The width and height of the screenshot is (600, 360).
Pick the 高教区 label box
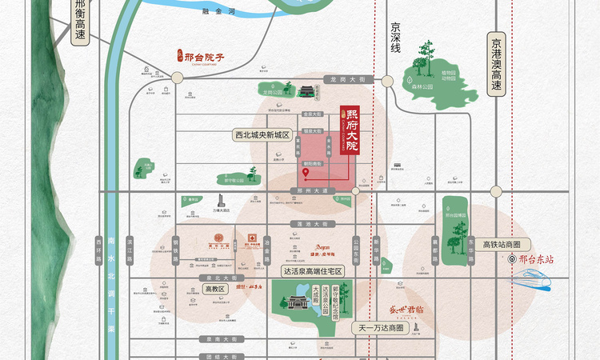point(214,289)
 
